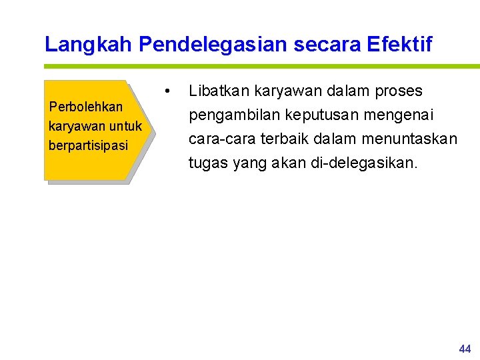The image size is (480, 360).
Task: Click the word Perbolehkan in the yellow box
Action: coord(86,107)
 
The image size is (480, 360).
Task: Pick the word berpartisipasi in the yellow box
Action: coord(88,145)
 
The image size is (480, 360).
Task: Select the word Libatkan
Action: coord(219,91)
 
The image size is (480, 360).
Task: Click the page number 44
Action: coord(465,349)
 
